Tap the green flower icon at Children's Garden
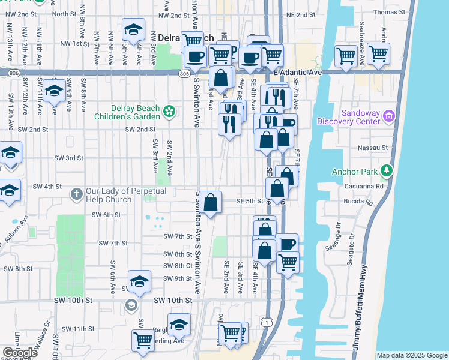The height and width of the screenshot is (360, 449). tap(169, 111)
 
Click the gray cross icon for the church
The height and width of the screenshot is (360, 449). tap(76, 193)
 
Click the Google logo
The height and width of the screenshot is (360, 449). tap(20, 353)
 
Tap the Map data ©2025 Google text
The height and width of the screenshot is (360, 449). tap(411, 355)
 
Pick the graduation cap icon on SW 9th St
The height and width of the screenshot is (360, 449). tap(139, 281)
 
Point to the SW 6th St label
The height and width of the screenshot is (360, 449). tap(106, 215)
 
